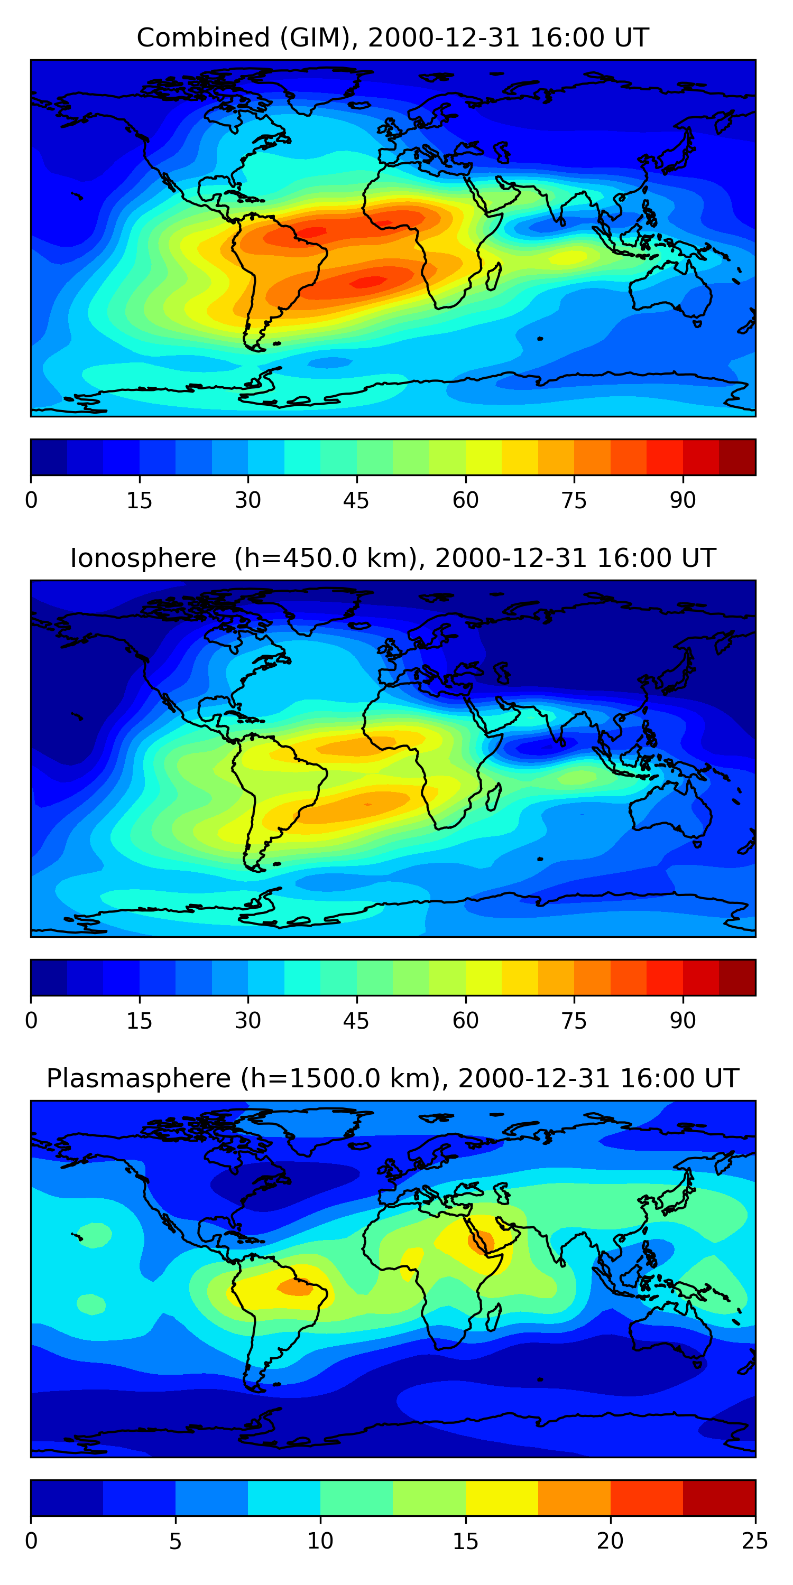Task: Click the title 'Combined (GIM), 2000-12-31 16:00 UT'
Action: coord(393,38)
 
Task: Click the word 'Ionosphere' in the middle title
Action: coord(143,558)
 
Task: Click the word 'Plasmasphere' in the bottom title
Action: coord(139,1079)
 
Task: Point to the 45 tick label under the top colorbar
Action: coord(356,501)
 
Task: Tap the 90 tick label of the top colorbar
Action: coord(683,501)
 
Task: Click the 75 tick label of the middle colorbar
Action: coord(574,1021)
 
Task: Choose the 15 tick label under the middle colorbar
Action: coord(139,1021)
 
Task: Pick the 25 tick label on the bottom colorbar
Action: coord(755,1541)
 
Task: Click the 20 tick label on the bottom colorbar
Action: coord(610,1541)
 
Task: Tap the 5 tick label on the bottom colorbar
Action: coord(176,1541)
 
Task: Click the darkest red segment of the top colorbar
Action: coord(737,457)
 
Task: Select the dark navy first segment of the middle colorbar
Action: coord(49,977)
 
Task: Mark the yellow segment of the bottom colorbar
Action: coord(502,1498)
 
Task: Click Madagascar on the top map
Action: coord(494,276)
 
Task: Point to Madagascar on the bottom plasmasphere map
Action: coord(494,1317)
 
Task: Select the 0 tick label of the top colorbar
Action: coord(31,501)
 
